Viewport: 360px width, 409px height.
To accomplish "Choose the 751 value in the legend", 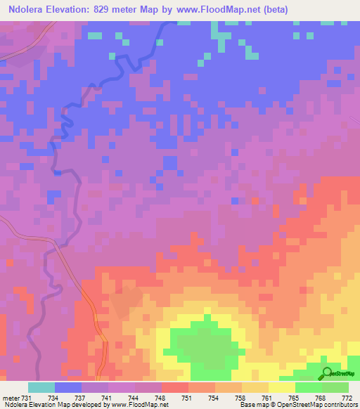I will [188, 397].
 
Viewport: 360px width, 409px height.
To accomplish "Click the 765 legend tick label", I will [295, 397].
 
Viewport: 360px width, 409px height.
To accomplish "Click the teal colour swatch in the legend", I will [41, 387].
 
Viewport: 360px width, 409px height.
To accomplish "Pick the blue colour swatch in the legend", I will [68, 387].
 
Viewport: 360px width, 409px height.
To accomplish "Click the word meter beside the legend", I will [13, 397].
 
